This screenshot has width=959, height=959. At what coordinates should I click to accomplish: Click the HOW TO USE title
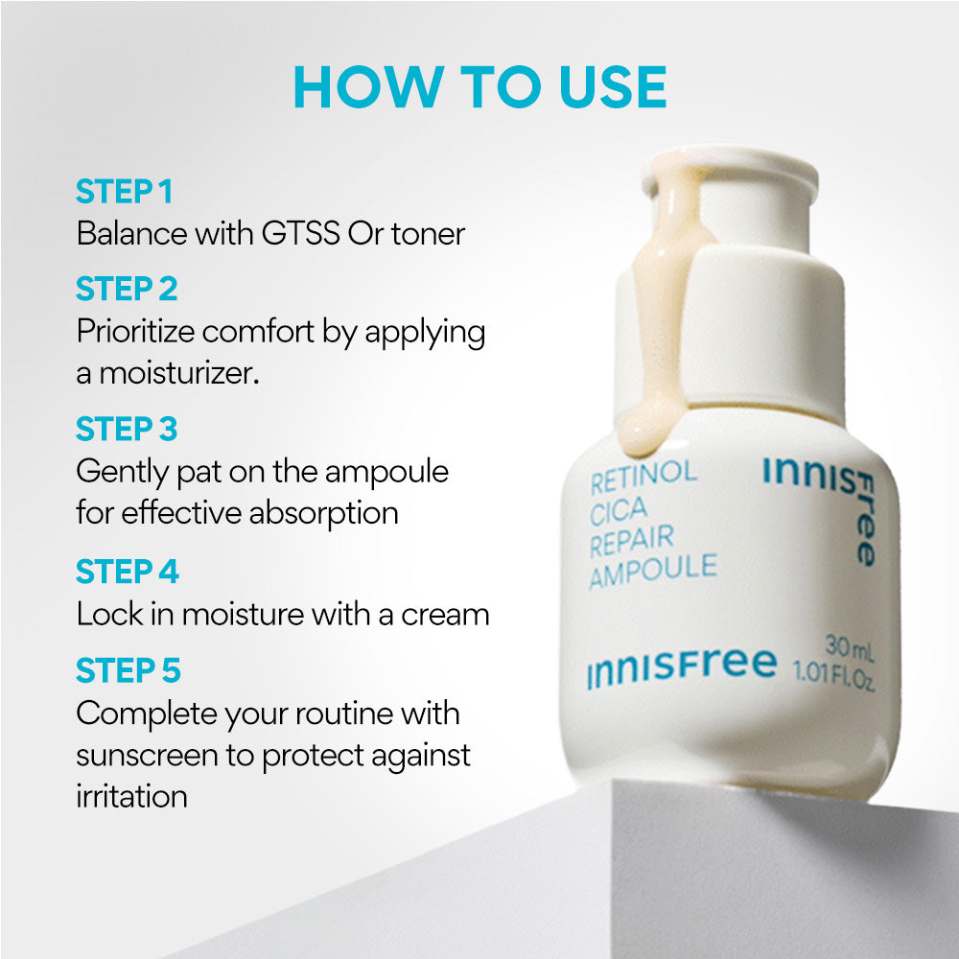[x=479, y=88]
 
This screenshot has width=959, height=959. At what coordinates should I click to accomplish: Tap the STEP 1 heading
[x=124, y=192]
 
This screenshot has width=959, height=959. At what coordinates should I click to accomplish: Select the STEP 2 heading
[x=127, y=289]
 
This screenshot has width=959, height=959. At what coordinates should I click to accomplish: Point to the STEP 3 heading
[x=127, y=429]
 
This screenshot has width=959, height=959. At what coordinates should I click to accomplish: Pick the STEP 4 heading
[x=128, y=573]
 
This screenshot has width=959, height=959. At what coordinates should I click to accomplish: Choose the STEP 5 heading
[x=128, y=671]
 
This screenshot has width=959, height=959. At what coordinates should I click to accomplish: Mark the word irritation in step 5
[x=131, y=797]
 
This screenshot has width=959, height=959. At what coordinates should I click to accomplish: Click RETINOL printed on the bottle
[x=643, y=475]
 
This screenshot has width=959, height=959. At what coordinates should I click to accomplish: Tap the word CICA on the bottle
[x=620, y=508]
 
